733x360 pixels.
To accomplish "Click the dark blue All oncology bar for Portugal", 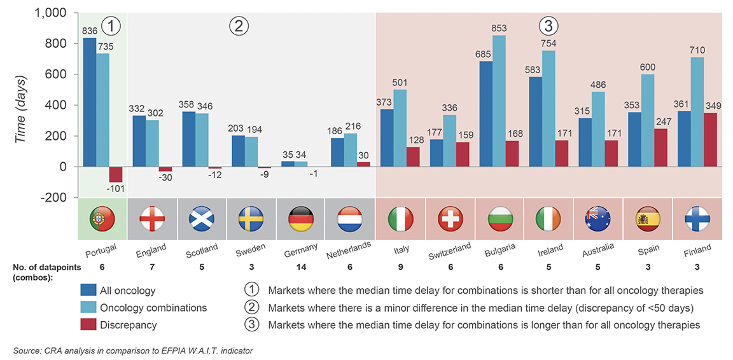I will (90, 102).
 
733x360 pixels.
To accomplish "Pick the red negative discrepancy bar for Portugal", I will (115, 174).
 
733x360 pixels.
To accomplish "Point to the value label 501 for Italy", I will (400, 83).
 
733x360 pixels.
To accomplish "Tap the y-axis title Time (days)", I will (22, 105).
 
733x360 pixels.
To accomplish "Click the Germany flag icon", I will (301, 219).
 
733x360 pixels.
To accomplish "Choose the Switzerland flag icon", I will (450, 219).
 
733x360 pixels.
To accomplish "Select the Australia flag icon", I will (599, 219).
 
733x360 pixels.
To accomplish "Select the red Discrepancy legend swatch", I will (88, 324).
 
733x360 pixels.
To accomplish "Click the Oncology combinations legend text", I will (153, 308).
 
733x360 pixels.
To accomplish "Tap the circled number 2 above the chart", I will (238, 26).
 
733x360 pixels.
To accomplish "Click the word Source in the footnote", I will (25, 350).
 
